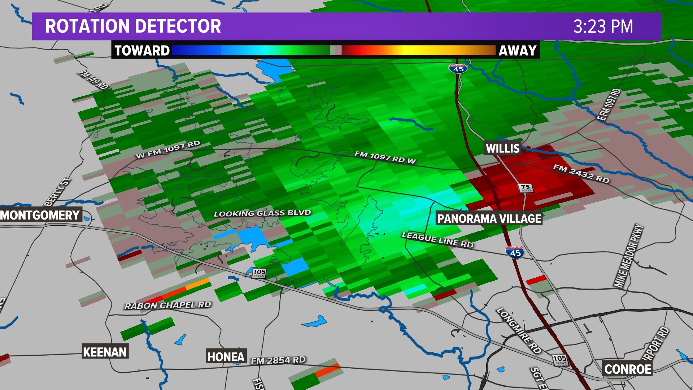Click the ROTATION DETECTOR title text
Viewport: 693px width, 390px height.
133,26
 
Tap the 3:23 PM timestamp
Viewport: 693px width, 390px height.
603,27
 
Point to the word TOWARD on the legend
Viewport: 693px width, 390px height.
142,51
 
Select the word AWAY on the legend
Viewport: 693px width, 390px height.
517,51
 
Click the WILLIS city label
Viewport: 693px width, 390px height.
502,148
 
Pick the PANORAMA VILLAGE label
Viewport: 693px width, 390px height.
489,218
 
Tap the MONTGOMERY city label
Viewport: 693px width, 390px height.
40,215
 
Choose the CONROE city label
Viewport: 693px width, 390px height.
628,369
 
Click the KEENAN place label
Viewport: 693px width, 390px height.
105,352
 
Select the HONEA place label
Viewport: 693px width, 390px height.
226,357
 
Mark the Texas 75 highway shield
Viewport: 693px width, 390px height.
526,188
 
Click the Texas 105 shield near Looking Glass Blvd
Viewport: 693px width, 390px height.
259,273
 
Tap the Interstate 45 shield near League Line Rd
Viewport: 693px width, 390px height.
515,252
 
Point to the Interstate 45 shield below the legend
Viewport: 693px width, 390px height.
458,69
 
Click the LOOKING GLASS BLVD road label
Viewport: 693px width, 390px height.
262,213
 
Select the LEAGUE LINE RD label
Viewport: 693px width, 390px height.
437,240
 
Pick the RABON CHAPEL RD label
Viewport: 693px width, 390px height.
167,305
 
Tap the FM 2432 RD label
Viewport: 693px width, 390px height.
581,173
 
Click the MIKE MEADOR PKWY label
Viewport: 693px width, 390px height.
628,256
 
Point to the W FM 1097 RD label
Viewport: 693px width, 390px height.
168,149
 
